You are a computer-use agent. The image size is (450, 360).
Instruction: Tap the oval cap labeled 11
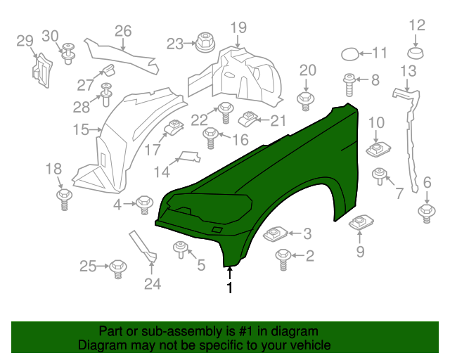point(350,53)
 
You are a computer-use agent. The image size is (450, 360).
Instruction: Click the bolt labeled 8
point(349,83)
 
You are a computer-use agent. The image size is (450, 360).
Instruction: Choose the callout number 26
point(123,32)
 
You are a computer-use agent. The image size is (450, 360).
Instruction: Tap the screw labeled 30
point(69,53)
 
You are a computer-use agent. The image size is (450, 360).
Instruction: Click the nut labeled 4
point(145,204)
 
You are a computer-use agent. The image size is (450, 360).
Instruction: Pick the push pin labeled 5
point(180,249)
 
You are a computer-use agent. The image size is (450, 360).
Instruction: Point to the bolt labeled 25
point(117,267)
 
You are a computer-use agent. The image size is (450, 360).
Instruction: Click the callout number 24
point(153,284)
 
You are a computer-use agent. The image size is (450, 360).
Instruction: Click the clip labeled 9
point(360,224)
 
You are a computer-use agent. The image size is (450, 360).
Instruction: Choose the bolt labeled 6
point(425,211)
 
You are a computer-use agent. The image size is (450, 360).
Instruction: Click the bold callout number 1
point(229,287)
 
